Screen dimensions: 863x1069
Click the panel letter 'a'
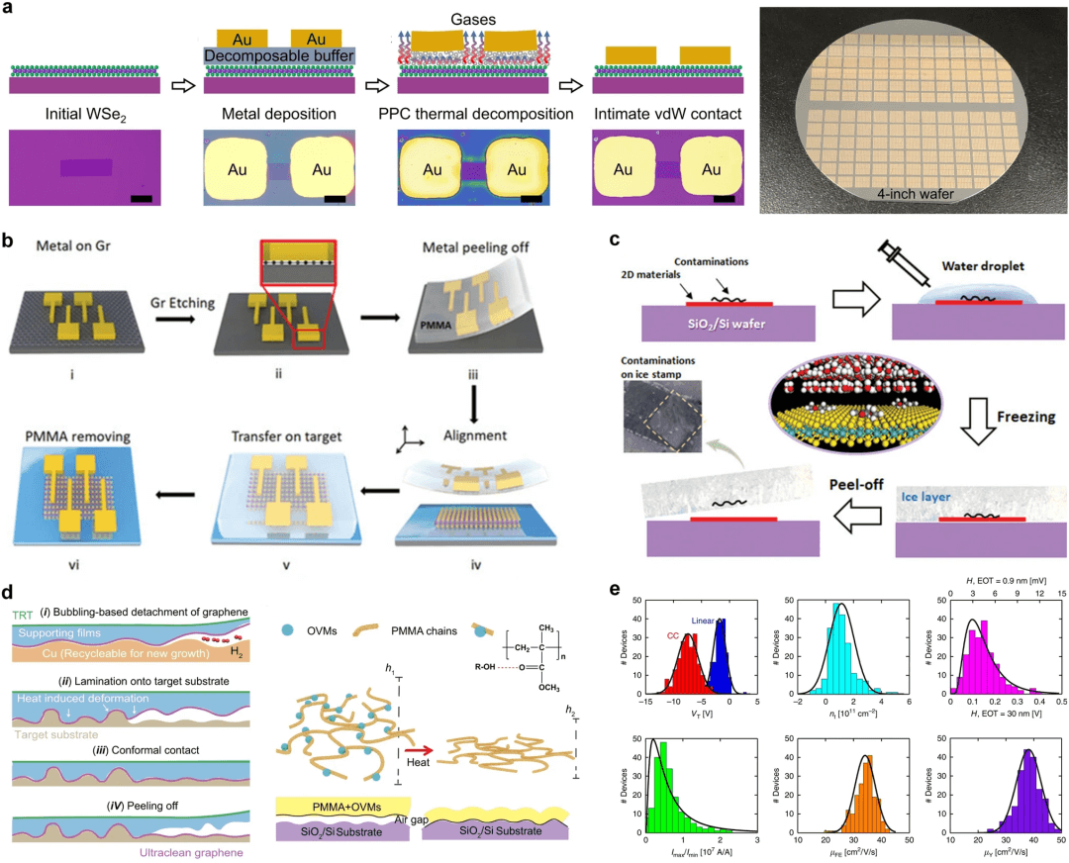(8, 9)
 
